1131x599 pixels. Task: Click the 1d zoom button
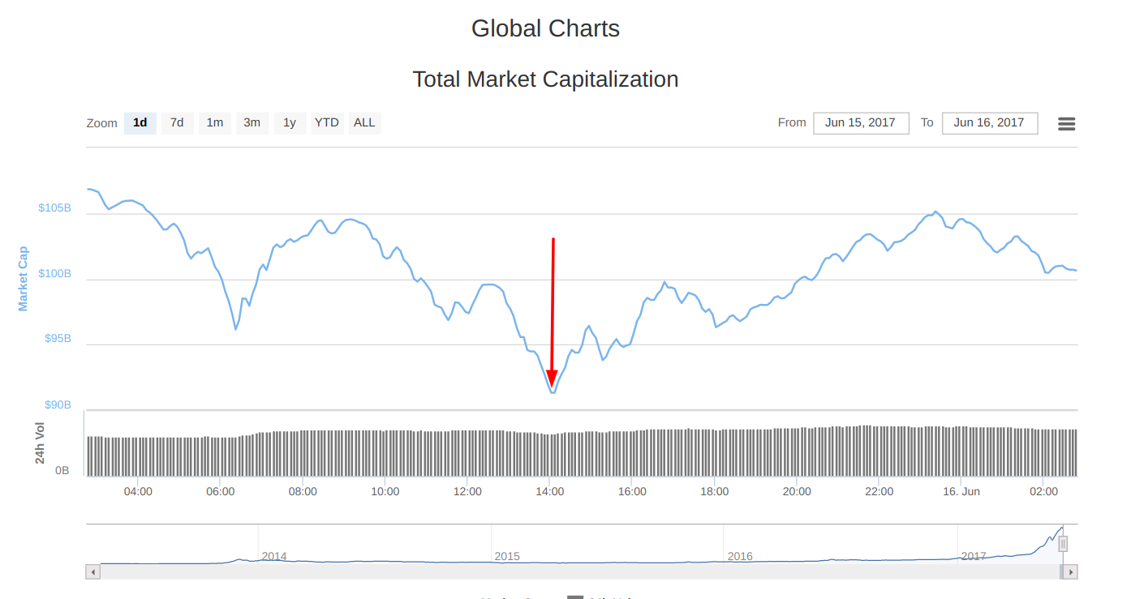(140, 123)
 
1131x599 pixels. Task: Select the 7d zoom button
(177, 123)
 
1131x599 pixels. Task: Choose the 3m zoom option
(252, 123)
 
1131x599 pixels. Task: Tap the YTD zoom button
(327, 123)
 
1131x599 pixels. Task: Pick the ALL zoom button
(364, 123)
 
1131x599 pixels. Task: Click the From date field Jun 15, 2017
(860, 123)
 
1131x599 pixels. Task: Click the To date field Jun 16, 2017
(989, 123)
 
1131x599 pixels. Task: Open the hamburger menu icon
(1067, 124)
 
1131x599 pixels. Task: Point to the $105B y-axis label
(54, 208)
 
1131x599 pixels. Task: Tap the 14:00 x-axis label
(549, 492)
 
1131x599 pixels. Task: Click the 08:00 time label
(303, 492)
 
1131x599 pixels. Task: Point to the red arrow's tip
(552, 386)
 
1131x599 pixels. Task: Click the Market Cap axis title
(23, 279)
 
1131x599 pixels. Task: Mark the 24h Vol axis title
(40, 443)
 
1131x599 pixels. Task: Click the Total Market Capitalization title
(545, 79)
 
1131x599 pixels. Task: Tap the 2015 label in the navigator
(507, 557)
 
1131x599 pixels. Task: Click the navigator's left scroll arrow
(92, 572)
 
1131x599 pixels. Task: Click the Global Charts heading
(545, 29)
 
